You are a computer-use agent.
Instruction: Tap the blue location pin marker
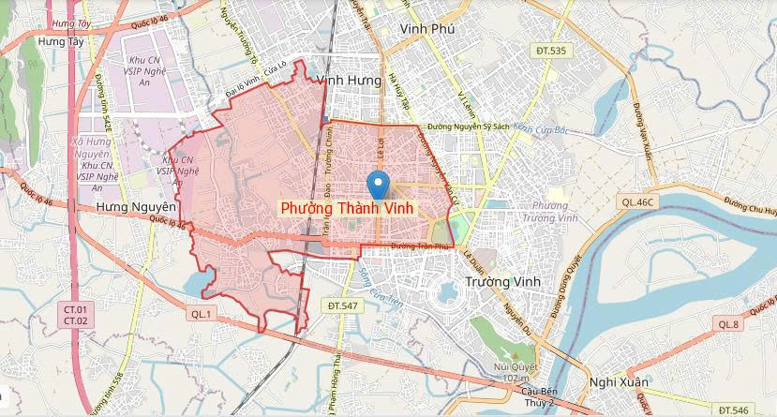[378, 184]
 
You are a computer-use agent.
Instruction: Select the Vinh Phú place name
[426, 30]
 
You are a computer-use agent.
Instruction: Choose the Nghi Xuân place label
[620, 381]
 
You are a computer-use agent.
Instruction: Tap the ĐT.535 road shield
[550, 50]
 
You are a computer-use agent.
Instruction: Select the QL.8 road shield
[729, 323]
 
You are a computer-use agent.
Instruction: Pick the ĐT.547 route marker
[344, 305]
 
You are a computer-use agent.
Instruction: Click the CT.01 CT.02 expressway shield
[75, 315]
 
